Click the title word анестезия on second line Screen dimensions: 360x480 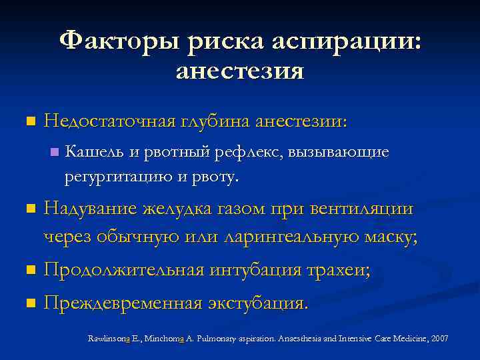(x=240, y=71)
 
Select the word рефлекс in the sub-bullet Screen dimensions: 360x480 (x=251, y=153)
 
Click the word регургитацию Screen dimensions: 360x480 (x=117, y=177)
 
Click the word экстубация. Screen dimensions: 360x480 (x=257, y=304)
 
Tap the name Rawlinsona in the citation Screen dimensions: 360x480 (x=111, y=339)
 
